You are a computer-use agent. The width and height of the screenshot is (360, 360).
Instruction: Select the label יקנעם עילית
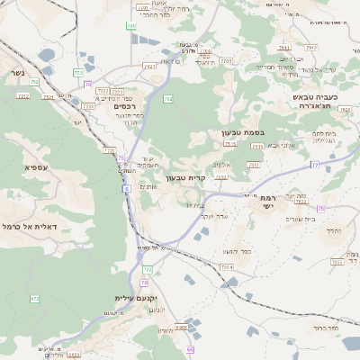coord(136,298)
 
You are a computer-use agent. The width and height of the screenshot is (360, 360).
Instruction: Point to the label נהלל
coord(332,231)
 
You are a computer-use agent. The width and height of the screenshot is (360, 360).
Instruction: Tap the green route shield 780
coord(131,26)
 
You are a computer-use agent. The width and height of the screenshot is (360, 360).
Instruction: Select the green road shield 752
coord(34,82)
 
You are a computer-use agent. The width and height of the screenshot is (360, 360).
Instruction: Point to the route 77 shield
coord(314,166)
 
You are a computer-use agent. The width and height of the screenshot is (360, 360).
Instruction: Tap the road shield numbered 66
coord(190,349)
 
